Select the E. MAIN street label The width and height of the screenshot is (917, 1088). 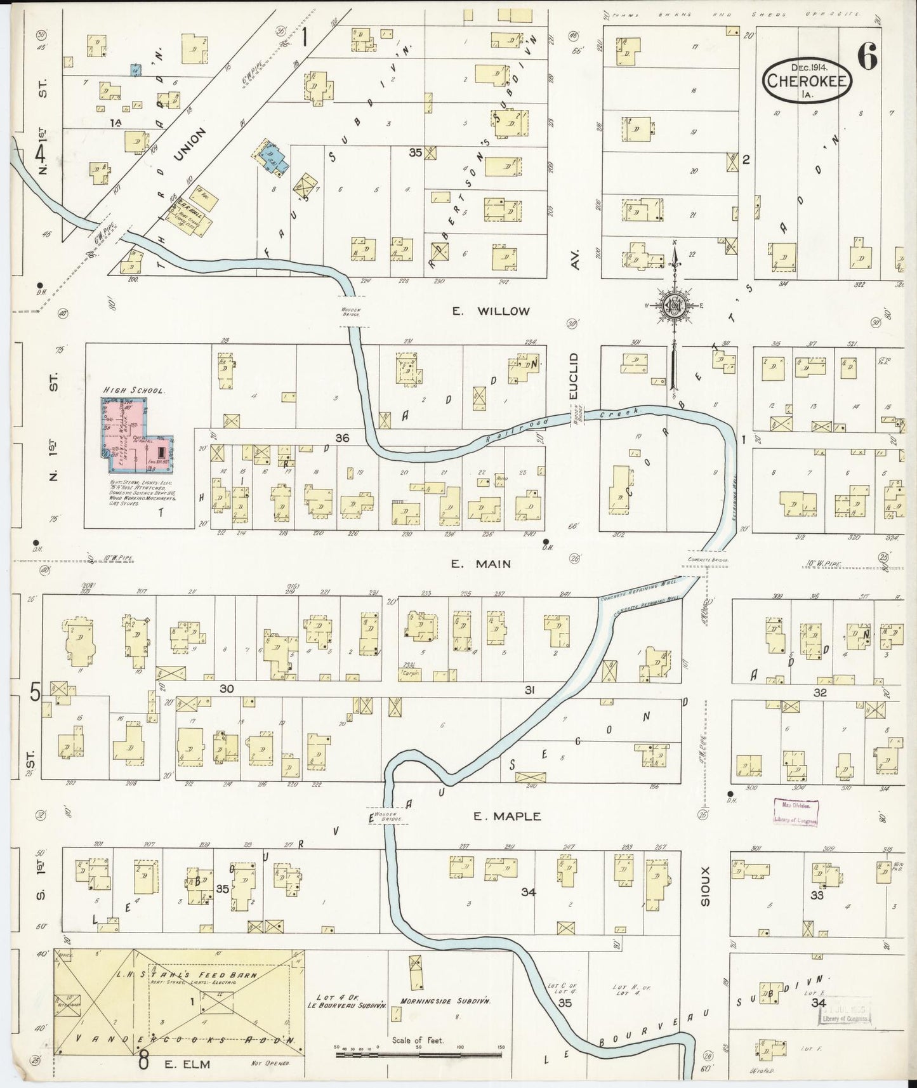pos(489,564)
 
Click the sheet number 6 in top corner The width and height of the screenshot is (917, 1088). pos(867,58)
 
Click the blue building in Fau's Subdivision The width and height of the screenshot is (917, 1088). pos(273,157)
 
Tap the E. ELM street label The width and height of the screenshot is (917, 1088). pos(205,1063)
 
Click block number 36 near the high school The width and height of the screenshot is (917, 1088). pos(342,438)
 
